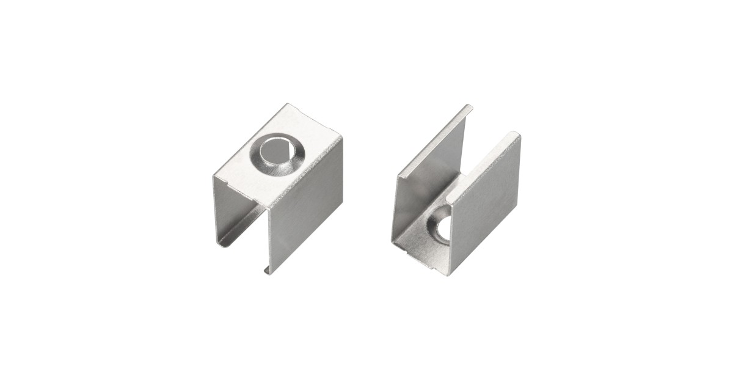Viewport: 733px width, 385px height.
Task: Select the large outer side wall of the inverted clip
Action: point(306,210)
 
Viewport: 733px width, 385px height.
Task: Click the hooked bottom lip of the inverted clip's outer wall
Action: point(267,270)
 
